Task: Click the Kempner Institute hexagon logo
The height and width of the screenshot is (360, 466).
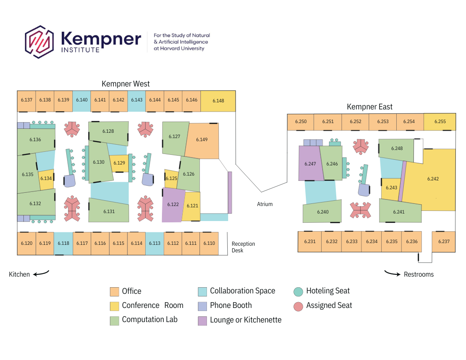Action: [x=39, y=42]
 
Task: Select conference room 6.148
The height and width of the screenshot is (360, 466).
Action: [x=218, y=101]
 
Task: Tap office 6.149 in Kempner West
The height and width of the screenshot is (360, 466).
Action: [x=202, y=140]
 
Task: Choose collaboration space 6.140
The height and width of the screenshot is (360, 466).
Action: [x=82, y=101]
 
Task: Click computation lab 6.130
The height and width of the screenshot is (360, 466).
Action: [x=98, y=163]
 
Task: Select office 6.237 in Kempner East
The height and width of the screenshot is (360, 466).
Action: [x=443, y=242]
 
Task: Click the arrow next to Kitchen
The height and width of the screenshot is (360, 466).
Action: [x=41, y=274]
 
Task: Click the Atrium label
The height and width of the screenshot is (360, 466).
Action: [x=265, y=204]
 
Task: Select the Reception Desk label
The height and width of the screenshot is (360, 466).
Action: [x=243, y=247]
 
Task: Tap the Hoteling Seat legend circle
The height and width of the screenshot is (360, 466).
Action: [x=298, y=291]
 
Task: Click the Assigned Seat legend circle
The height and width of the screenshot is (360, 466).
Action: [x=298, y=306]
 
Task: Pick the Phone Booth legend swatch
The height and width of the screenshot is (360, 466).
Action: [x=202, y=306]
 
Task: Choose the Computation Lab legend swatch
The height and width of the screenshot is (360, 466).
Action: [x=114, y=320]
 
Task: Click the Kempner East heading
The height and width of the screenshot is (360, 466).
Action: [x=369, y=107]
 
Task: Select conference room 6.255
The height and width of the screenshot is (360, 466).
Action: [x=440, y=122]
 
